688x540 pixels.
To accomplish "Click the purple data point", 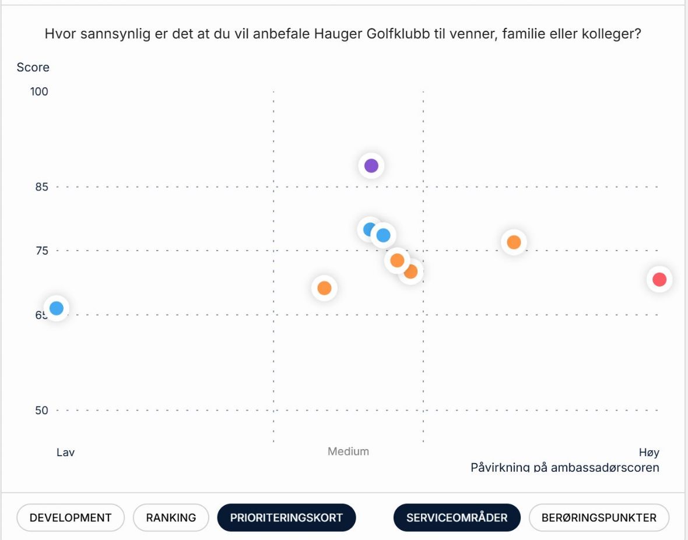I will [371, 165].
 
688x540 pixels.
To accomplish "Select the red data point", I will [659, 280].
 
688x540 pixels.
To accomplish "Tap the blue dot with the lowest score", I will [57, 308].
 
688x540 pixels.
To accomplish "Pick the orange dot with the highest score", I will [514, 242].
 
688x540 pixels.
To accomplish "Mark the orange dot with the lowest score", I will [325, 288].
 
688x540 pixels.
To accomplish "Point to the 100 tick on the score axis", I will [39, 91].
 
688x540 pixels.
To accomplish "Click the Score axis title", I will [33, 68].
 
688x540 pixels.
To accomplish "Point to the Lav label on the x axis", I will [66, 452].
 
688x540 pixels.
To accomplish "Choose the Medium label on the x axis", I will [349, 451].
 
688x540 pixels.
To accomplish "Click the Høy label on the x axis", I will [649, 453].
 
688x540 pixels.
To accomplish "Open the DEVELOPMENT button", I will [71, 517].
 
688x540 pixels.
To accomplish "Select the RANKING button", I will [171, 517].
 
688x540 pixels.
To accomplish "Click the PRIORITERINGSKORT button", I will [286, 517].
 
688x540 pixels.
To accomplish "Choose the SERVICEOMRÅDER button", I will [457, 517].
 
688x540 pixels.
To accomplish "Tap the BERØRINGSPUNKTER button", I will [599, 517].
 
